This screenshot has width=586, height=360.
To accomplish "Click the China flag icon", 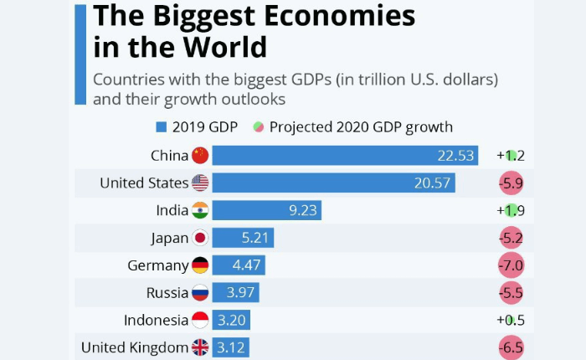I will (x=199, y=155).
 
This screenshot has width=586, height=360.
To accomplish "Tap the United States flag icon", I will (x=199, y=183).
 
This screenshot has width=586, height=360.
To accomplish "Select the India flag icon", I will (x=199, y=210).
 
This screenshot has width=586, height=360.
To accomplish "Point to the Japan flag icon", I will (x=199, y=238).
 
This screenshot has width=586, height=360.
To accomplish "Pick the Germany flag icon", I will (x=199, y=265).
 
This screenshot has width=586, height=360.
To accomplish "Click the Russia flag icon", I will (x=199, y=292).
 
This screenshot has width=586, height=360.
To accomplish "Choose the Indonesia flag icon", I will (x=199, y=320).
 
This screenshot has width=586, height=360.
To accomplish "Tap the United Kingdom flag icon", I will (x=199, y=347).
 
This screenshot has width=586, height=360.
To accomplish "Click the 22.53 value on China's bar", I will (x=456, y=155).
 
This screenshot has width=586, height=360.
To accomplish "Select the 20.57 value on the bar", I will (x=434, y=183).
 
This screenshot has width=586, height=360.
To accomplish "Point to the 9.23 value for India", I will (x=303, y=210).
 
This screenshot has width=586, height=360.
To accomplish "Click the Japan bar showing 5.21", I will (x=243, y=238).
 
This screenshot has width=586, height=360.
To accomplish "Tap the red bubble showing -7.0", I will (x=510, y=265).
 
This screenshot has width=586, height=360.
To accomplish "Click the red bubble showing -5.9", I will (x=510, y=183).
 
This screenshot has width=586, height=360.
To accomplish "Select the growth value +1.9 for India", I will (x=510, y=210).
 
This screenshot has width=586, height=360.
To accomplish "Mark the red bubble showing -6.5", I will (x=510, y=347).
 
